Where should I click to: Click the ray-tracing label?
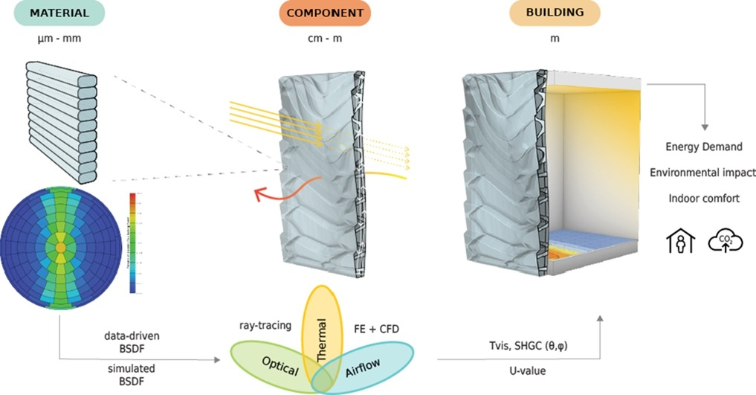pyautogui.click(x=264, y=325)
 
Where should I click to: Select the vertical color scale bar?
pyautogui.click(x=133, y=243)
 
